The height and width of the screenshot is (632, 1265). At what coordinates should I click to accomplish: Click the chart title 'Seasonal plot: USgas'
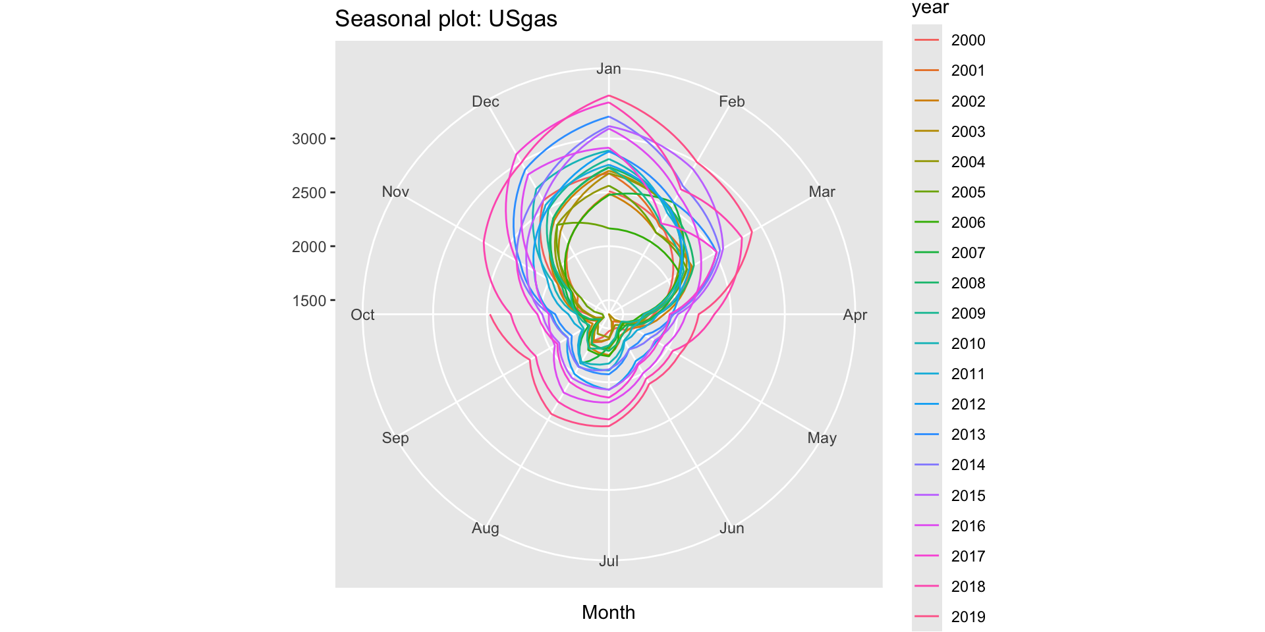click(x=446, y=19)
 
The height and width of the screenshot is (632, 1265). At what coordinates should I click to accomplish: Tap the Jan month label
click(x=608, y=69)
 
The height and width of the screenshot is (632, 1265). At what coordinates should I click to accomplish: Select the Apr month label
click(x=855, y=315)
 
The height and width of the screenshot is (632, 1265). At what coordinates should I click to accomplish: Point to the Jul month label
click(x=608, y=561)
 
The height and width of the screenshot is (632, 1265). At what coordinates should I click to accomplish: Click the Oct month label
click(x=362, y=315)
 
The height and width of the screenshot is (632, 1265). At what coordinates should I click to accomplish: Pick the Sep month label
click(x=395, y=438)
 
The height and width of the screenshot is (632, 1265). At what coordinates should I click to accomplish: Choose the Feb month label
click(x=731, y=102)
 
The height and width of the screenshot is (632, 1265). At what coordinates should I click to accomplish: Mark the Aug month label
click(x=486, y=529)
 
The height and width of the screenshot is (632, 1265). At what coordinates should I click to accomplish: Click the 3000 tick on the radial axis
click(x=309, y=139)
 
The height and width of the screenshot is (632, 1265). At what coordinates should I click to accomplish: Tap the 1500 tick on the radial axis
click(x=309, y=301)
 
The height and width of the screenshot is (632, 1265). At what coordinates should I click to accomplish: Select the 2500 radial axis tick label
click(x=309, y=193)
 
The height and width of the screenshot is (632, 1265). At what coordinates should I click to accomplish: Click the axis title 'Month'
click(x=608, y=612)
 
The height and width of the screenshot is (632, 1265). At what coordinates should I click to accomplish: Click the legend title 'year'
click(x=930, y=8)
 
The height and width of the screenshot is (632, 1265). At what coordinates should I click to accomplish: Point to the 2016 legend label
click(x=968, y=527)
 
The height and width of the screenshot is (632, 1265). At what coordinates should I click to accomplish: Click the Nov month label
click(x=395, y=192)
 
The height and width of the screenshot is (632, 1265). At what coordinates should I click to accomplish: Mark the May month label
click(x=822, y=438)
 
